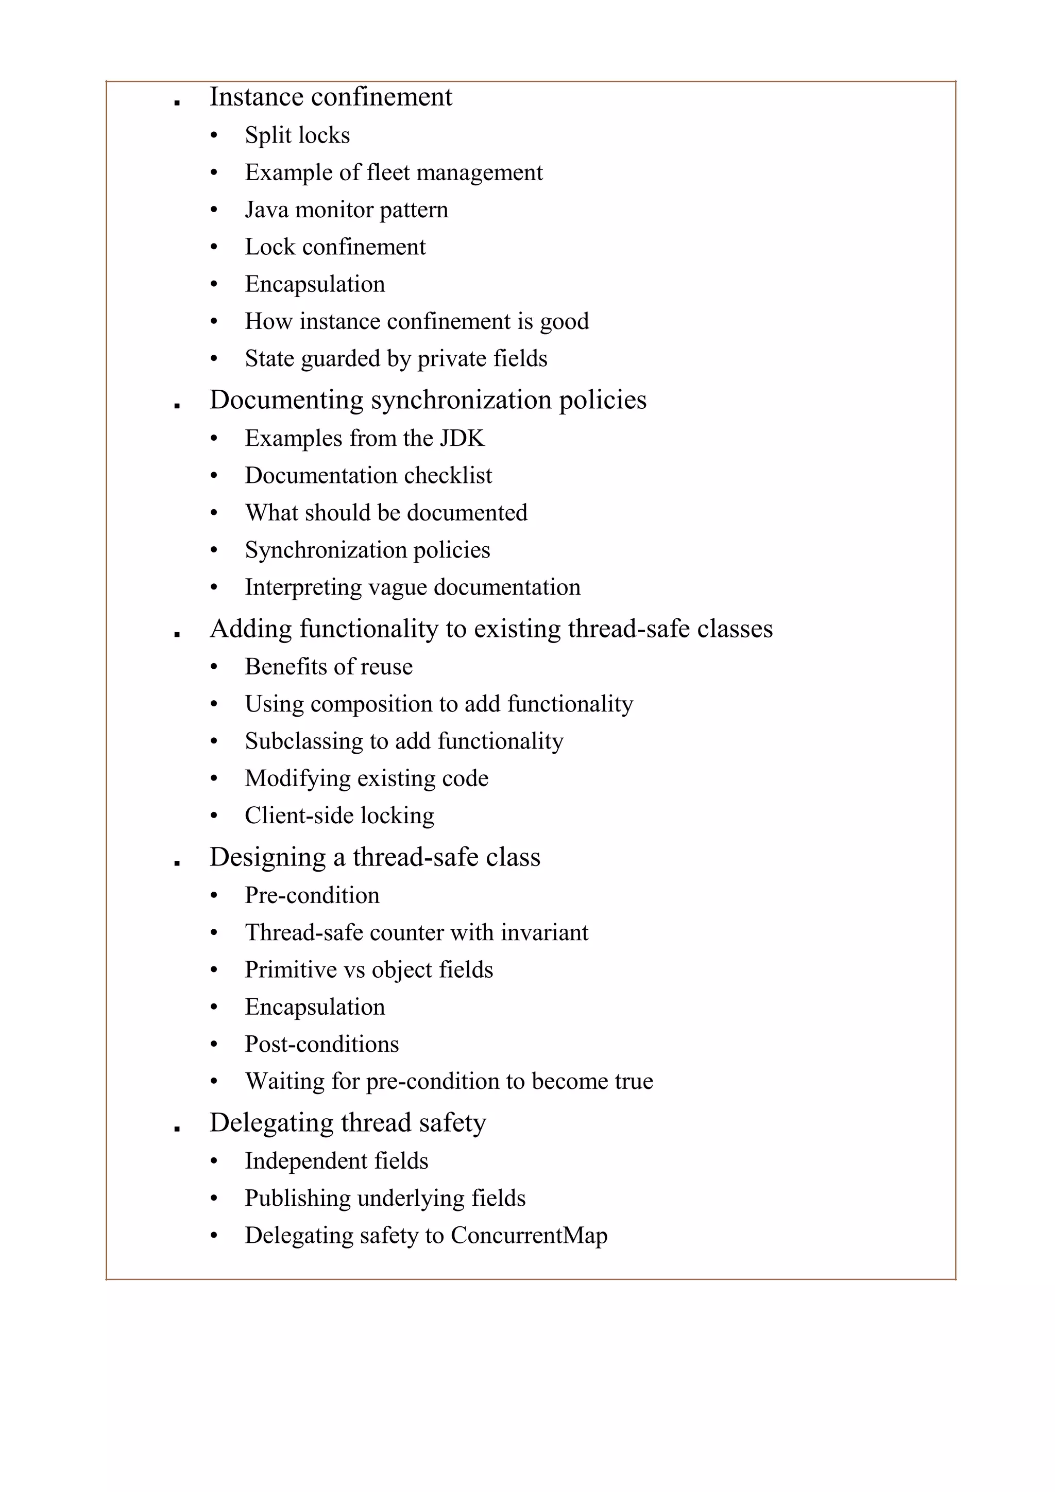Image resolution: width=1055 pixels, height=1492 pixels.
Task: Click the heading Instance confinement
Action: (330, 97)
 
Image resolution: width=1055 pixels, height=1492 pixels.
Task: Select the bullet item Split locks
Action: (297, 135)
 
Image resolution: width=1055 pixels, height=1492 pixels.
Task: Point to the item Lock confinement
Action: (335, 247)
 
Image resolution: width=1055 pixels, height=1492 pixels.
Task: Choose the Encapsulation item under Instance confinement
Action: (315, 284)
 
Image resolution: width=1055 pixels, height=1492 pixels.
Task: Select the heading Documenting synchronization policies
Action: (428, 400)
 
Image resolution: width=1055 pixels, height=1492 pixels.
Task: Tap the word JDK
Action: (462, 439)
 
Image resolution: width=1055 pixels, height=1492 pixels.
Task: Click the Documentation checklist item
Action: (368, 476)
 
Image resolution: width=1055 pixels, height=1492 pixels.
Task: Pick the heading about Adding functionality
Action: (491, 629)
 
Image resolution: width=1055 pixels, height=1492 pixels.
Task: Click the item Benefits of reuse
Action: (328, 667)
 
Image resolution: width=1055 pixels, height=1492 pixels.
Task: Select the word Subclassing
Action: (303, 741)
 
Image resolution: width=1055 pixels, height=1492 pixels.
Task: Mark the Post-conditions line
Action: (321, 1044)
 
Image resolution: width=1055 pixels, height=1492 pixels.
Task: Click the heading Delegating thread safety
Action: (347, 1123)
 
